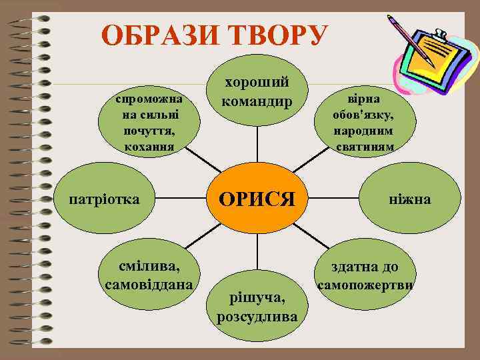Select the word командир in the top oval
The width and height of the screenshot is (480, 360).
click(257, 102)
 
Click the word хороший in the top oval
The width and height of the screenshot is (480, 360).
click(257, 83)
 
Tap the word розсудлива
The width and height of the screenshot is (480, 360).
click(257, 315)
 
